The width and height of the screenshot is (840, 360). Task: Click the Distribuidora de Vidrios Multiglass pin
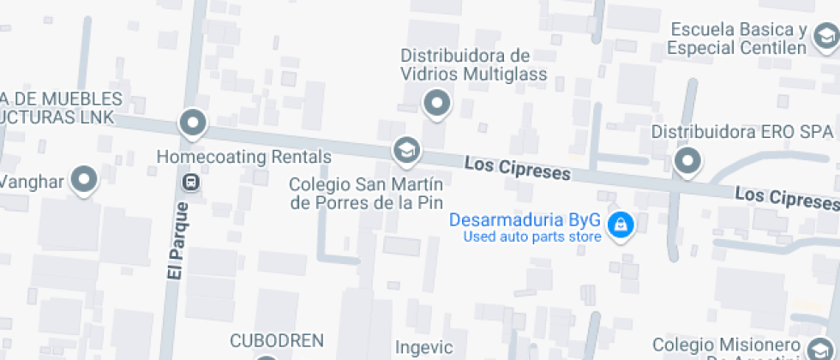coord(438,104)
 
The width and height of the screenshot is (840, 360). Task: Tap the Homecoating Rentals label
coord(244,157)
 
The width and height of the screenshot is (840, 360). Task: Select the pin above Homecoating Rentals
coord(192,122)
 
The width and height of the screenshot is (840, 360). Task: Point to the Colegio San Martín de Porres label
coord(366,193)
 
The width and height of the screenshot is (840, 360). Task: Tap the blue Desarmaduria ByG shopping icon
coord(618,225)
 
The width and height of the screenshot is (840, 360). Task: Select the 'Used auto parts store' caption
coord(531,237)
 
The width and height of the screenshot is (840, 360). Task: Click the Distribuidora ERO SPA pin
coord(687,160)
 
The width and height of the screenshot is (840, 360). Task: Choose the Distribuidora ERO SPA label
coord(742,132)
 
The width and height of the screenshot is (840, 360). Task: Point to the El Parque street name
coord(178,240)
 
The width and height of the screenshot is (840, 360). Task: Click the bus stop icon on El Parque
coord(191,181)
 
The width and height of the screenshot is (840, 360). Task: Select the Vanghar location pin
coord(84,179)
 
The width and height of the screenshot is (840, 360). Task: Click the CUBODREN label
coord(276,340)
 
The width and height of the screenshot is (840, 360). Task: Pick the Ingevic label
coord(423,347)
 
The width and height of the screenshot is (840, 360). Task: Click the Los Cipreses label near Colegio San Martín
coord(518,167)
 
